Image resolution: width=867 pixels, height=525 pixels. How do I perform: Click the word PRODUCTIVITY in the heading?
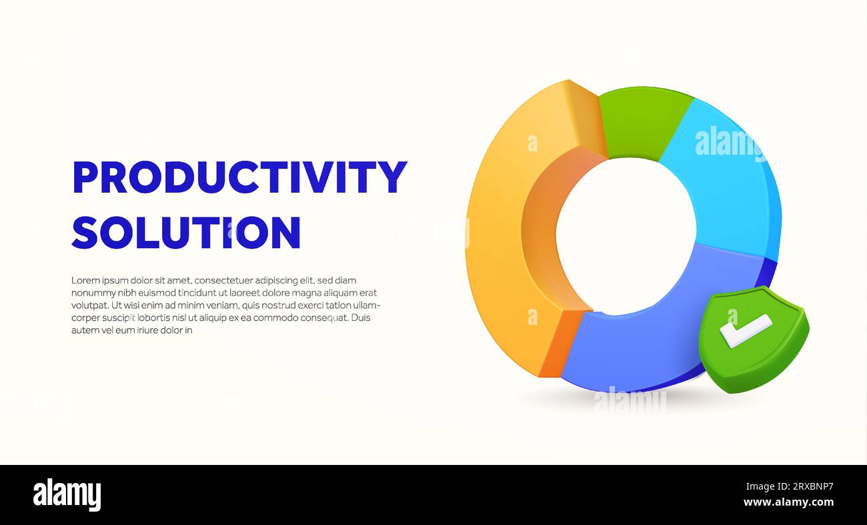click(239, 177)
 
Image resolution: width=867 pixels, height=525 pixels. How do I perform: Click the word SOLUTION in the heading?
click(186, 232)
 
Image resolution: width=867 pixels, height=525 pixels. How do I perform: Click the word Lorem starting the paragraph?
click(85, 280)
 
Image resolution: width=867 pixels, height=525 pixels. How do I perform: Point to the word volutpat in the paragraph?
click(89, 305)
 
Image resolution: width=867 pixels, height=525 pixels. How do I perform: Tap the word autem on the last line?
click(84, 330)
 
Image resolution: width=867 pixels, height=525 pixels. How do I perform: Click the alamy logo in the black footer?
click(67, 495)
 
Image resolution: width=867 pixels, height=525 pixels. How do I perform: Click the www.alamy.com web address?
click(788, 502)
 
